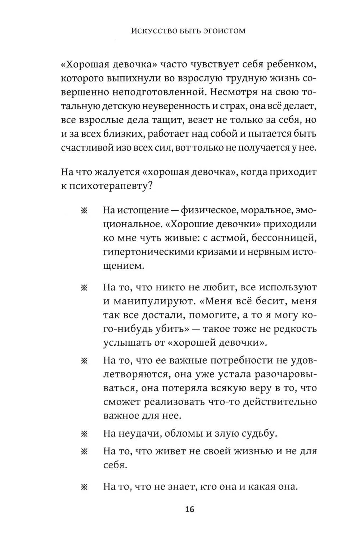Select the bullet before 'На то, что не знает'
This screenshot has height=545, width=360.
(x=84, y=488)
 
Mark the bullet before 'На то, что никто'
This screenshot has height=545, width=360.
(x=84, y=288)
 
